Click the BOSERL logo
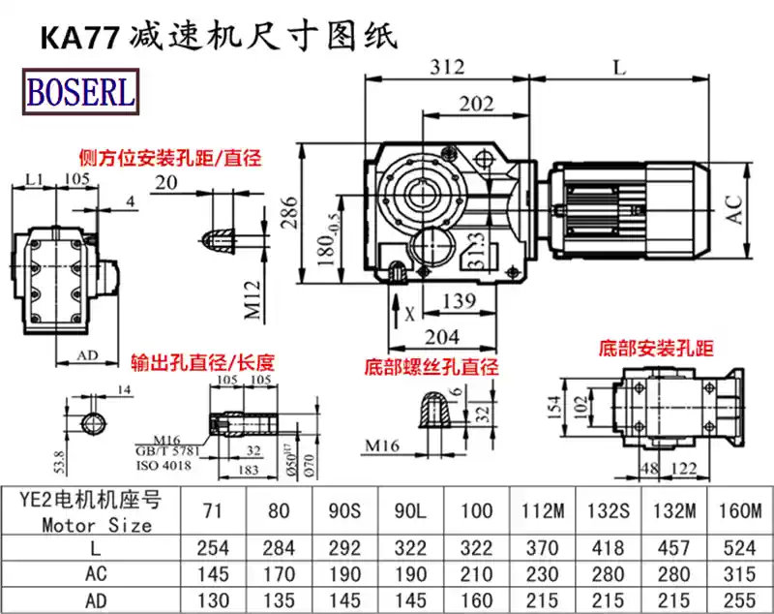pyautogui.click(x=82, y=92)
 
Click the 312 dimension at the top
pyautogui.click(x=448, y=67)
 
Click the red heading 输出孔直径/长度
pyautogui.click(x=203, y=363)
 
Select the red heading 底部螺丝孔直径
pyautogui.click(x=432, y=367)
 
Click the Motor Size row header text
pyautogui.click(x=97, y=526)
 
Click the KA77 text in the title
pyautogui.click(x=78, y=38)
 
